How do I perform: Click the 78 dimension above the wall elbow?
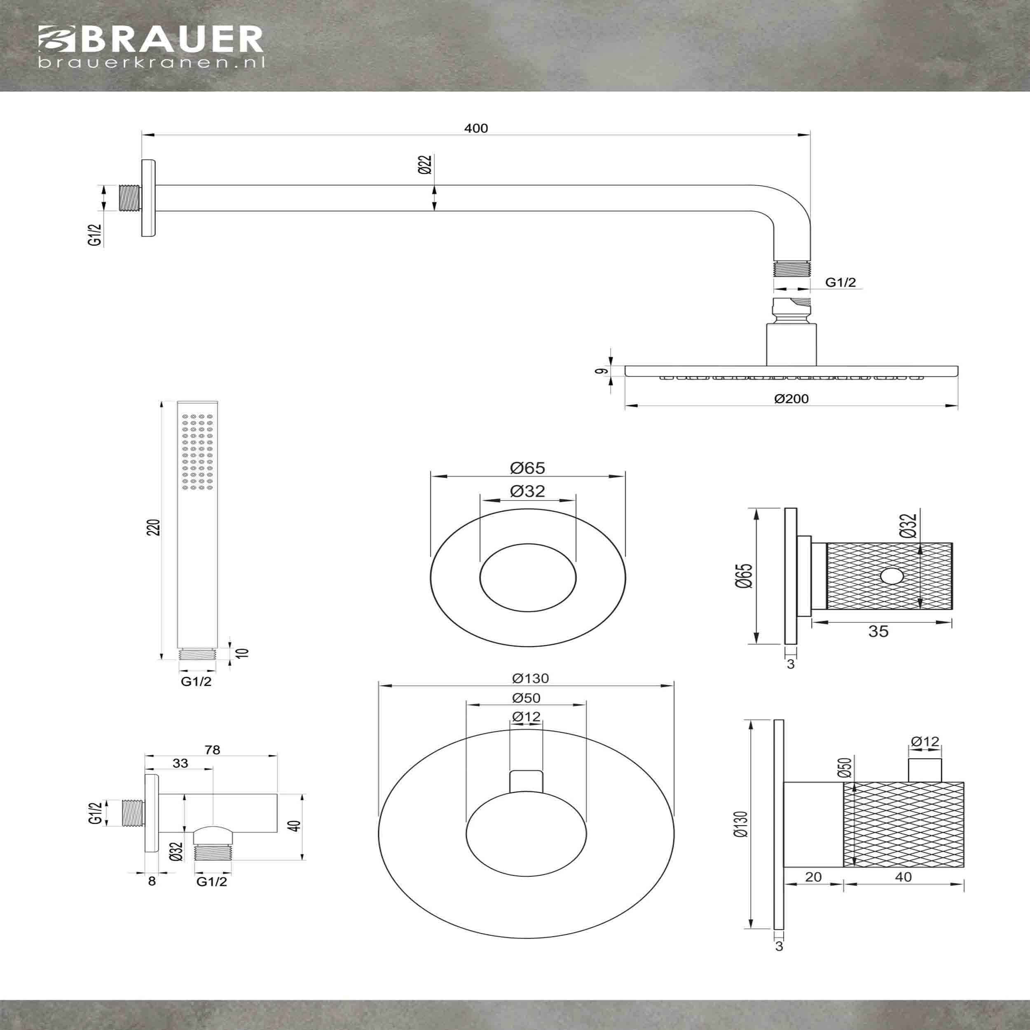212,749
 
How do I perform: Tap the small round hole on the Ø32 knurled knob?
889,576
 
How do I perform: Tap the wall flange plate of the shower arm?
149,198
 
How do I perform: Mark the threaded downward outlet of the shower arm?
792,268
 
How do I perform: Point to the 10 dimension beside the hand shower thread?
245,653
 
